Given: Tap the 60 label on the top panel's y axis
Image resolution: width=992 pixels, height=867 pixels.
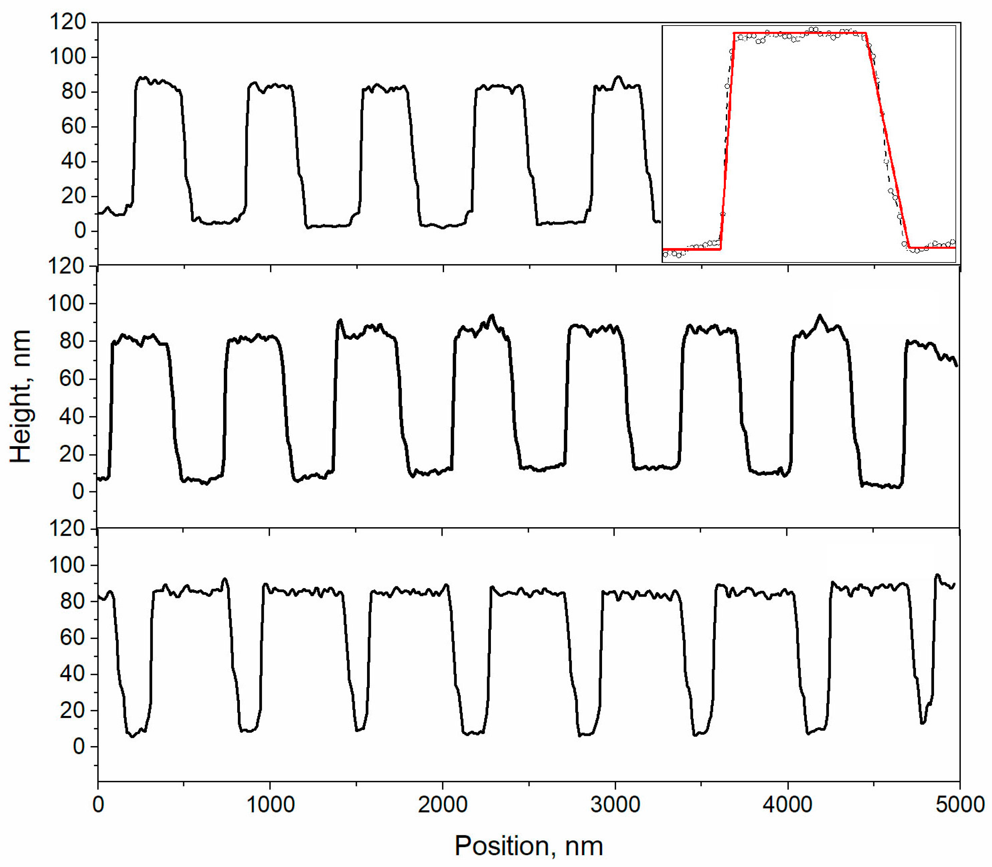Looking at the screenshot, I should [x=73, y=127].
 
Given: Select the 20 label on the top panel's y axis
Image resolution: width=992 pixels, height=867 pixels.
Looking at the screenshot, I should [x=73, y=196].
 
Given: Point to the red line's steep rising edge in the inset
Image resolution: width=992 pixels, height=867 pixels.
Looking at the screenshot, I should [x=727, y=140].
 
